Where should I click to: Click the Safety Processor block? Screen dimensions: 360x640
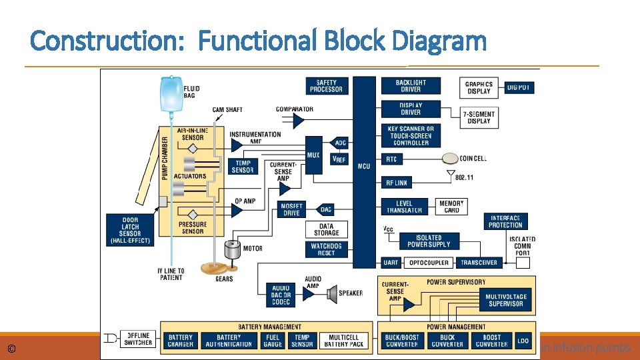click(x=326, y=86)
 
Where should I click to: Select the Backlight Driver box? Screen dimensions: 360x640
click(x=411, y=86)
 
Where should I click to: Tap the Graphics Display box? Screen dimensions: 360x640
click(x=479, y=87)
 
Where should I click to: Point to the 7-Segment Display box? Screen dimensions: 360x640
click(x=479, y=117)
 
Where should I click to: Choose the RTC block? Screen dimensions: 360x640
click(x=391, y=159)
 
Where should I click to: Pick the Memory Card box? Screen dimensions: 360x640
click(x=451, y=207)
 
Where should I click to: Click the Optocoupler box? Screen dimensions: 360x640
click(x=429, y=263)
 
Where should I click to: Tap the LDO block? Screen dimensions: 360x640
click(x=523, y=341)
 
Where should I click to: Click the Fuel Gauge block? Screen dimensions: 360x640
click(x=273, y=341)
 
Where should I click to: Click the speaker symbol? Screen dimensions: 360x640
click(x=332, y=292)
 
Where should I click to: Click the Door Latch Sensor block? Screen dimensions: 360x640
click(x=130, y=229)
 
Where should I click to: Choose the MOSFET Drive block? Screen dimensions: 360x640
click(x=291, y=209)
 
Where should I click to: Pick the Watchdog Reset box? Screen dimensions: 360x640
click(x=326, y=249)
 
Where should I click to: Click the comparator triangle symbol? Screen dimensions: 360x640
click(x=298, y=121)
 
